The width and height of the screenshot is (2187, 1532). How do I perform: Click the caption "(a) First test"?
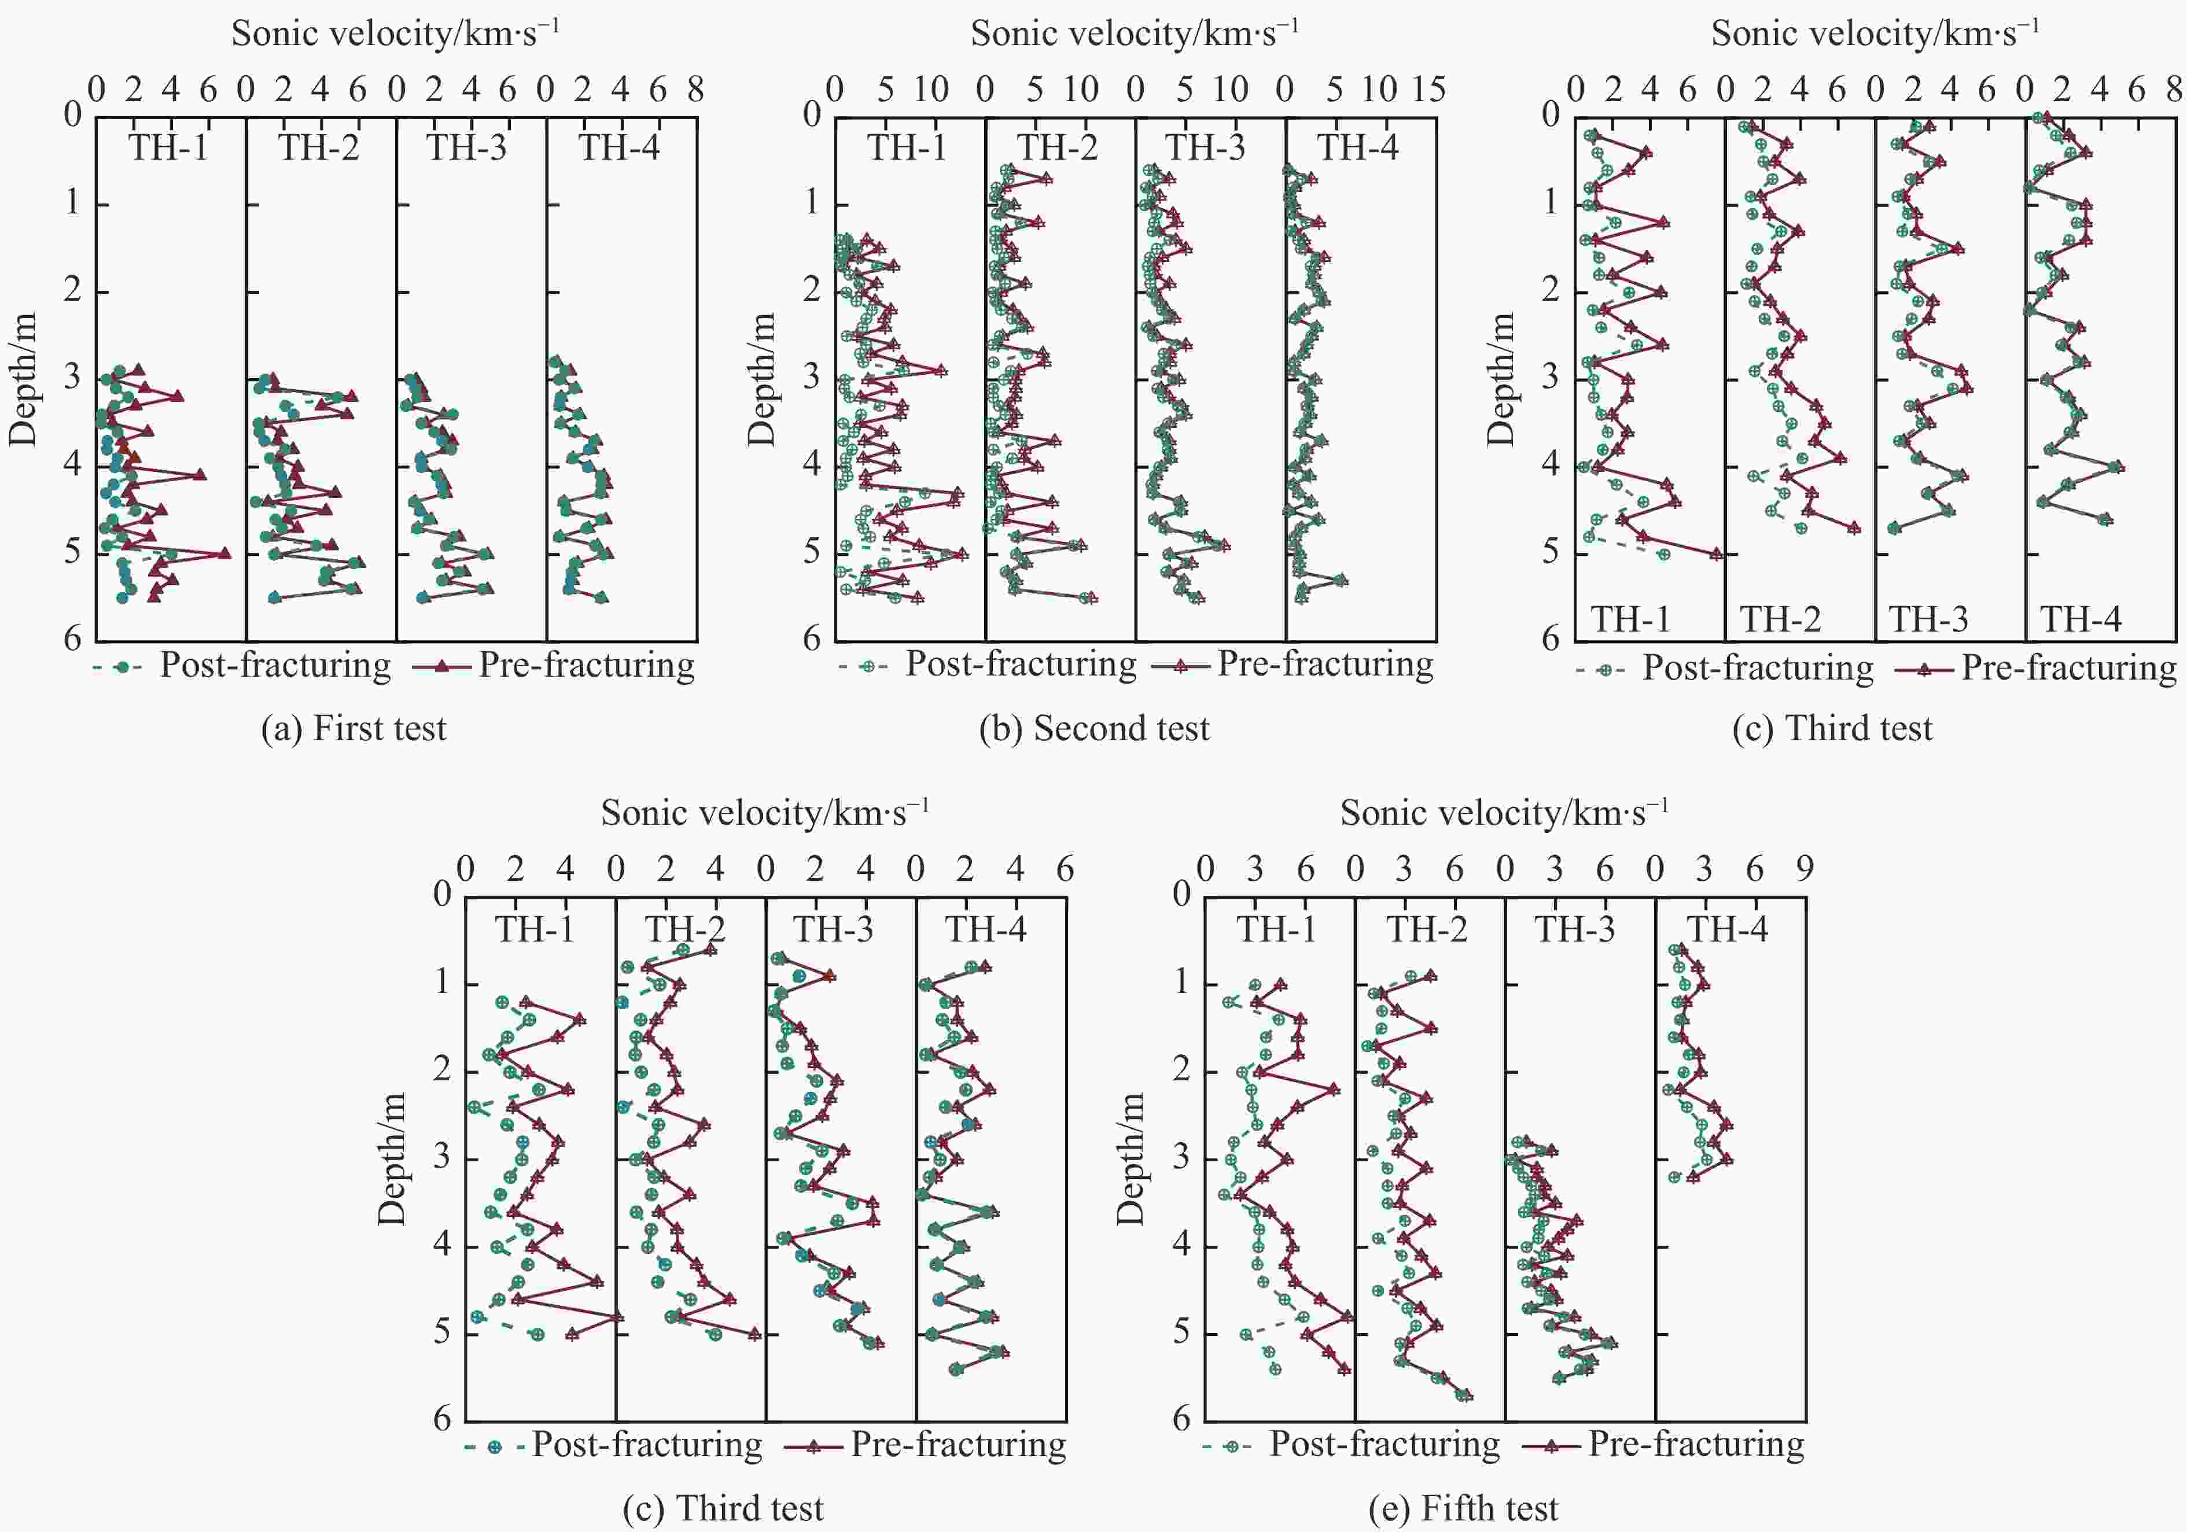click(x=354, y=728)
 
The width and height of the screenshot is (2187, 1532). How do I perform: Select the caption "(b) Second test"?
click(x=1093, y=728)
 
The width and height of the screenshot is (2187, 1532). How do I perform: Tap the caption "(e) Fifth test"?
click(x=1463, y=1508)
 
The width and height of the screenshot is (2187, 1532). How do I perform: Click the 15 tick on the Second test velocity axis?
click(x=1429, y=90)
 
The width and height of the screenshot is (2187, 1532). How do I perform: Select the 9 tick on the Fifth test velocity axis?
click(x=1804, y=869)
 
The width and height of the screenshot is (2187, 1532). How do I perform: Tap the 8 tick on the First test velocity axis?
click(x=695, y=90)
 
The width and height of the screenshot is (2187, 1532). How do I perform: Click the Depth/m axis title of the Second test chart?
click(x=762, y=379)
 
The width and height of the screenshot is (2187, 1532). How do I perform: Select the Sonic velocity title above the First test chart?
click(x=395, y=34)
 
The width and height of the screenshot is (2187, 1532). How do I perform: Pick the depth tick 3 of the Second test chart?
click(x=812, y=376)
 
